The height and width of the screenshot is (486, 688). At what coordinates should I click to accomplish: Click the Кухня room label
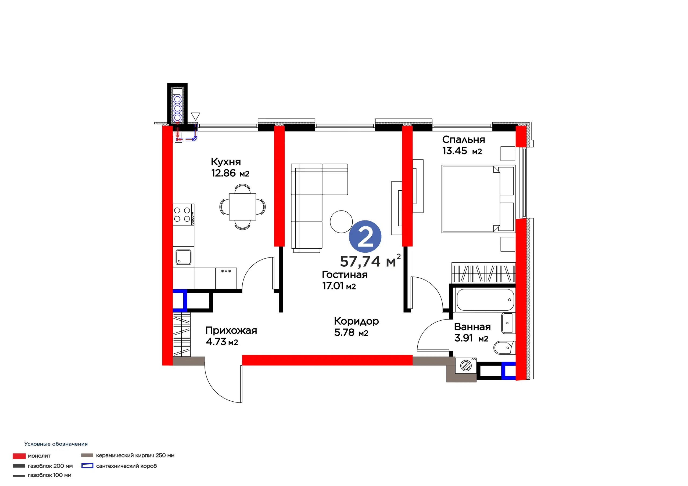[x=226, y=162]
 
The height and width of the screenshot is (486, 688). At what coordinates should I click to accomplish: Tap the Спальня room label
[x=463, y=140]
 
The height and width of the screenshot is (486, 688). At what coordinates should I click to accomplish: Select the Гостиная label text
[x=345, y=275]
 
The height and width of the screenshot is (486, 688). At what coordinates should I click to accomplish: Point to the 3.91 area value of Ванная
[x=464, y=338]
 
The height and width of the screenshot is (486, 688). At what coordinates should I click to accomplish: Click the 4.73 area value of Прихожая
[x=216, y=342]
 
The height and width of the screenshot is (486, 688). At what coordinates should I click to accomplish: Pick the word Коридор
[x=356, y=321]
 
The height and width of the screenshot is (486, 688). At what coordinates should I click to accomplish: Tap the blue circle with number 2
[x=365, y=236]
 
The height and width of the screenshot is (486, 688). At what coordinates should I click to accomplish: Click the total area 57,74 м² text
[x=370, y=261]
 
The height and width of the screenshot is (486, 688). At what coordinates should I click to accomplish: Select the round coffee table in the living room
[x=341, y=222]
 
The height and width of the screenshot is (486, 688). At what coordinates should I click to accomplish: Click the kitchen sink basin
[x=183, y=257]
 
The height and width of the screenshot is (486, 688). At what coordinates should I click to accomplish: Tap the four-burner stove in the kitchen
[x=183, y=215]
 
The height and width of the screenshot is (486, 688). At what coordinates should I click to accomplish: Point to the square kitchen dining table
[x=242, y=207]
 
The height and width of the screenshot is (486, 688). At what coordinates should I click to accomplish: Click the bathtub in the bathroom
[x=485, y=299]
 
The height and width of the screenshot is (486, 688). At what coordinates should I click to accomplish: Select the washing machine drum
[x=466, y=366]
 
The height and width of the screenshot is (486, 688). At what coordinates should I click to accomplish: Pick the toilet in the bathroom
[x=504, y=348]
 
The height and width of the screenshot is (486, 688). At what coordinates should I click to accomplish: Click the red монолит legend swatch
[x=19, y=456]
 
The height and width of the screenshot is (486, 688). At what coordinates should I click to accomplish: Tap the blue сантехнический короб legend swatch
[x=87, y=466]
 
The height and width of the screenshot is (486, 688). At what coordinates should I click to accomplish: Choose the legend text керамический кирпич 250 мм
[x=135, y=455]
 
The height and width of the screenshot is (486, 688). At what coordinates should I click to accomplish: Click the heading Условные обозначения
[x=56, y=444]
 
